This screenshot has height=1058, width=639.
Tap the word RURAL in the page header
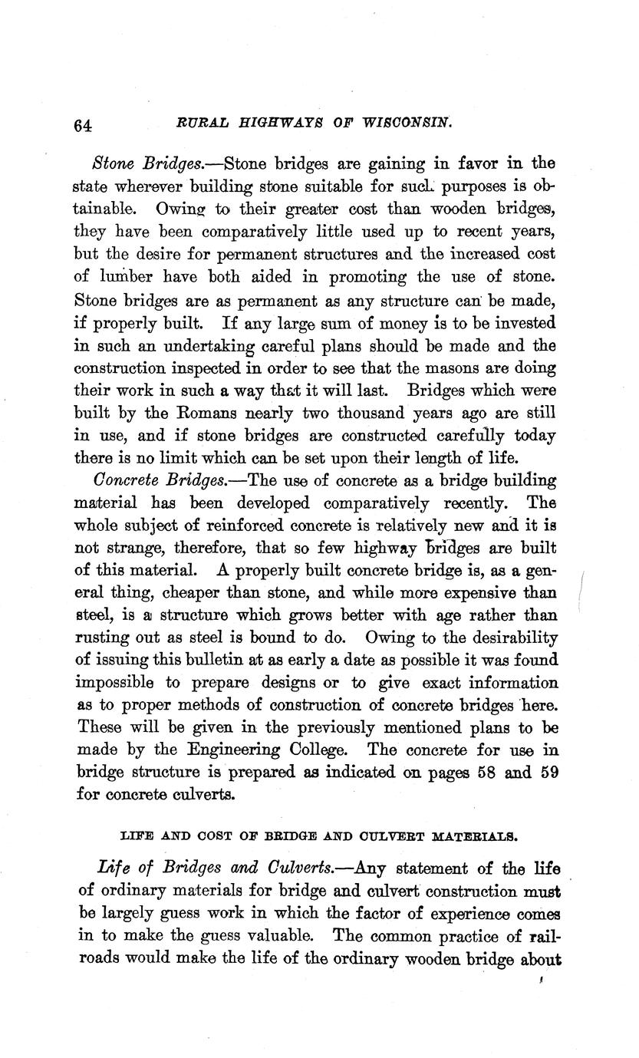pos(199,121)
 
